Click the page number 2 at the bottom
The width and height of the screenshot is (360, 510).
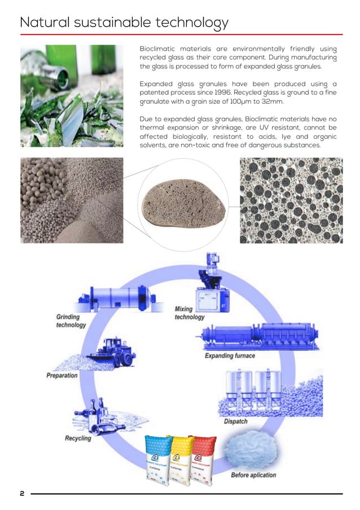tap(22, 494)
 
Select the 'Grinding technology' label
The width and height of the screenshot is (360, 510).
tap(71, 321)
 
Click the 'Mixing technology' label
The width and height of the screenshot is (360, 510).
tap(189, 313)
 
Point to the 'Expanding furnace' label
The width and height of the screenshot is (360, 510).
tap(230, 356)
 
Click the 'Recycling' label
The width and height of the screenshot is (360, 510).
tap(78, 438)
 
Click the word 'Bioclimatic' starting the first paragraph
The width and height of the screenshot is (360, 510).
tap(160, 49)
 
